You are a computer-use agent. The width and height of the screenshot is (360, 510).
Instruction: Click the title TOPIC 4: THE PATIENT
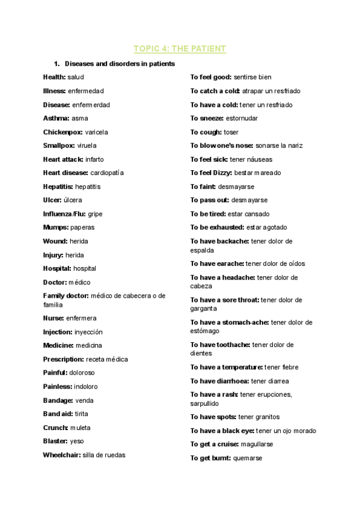180,49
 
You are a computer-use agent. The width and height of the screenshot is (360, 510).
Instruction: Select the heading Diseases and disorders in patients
120,64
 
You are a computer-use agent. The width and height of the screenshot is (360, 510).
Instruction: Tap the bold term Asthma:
56,118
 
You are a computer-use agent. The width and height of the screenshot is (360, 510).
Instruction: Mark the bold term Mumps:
56,227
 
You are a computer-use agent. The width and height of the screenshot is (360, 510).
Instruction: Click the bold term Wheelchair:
61,455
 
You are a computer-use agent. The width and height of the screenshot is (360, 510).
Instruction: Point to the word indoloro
85,387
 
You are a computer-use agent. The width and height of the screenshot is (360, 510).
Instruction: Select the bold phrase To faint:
203,186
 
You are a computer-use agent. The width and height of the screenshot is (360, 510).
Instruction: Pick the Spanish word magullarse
257,444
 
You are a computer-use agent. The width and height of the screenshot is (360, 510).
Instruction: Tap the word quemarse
248,458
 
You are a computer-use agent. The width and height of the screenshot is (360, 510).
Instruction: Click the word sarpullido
205,404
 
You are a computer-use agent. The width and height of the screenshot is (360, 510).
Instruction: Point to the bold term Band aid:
58,414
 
